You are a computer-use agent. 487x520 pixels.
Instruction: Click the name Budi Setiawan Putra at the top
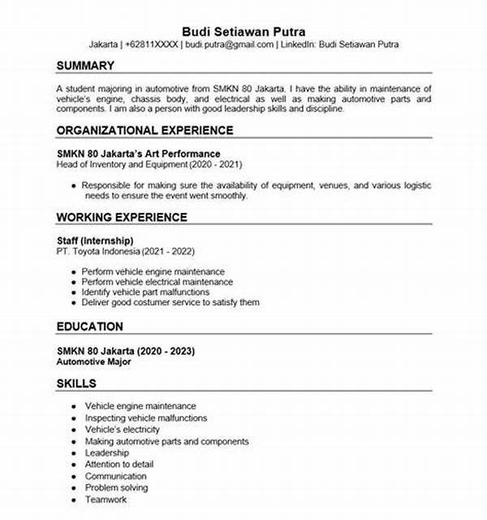(243, 31)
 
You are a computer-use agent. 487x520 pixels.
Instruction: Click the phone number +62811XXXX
(152, 45)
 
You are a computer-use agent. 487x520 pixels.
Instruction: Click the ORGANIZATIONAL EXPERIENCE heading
(144, 130)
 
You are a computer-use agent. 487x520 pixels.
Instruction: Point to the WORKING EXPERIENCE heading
(122, 217)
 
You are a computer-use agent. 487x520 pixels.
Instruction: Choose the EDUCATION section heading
(90, 327)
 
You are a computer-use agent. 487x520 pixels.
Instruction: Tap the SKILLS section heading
(76, 383)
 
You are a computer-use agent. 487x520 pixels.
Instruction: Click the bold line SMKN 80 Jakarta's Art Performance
(139, 153)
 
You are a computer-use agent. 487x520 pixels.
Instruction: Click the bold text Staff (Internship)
(95, 240)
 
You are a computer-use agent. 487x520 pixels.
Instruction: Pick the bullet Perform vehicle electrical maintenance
(157, 281)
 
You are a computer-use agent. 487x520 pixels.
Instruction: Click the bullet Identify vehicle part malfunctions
(145, 292)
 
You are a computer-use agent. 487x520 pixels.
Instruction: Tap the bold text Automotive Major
(93, 362)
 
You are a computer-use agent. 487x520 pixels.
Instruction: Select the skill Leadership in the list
(106, 453)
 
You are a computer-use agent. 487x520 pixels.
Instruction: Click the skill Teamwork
(106, 500)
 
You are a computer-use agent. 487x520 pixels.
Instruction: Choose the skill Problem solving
(116, 487)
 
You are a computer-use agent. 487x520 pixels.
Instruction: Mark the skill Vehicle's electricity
(122, 429)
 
